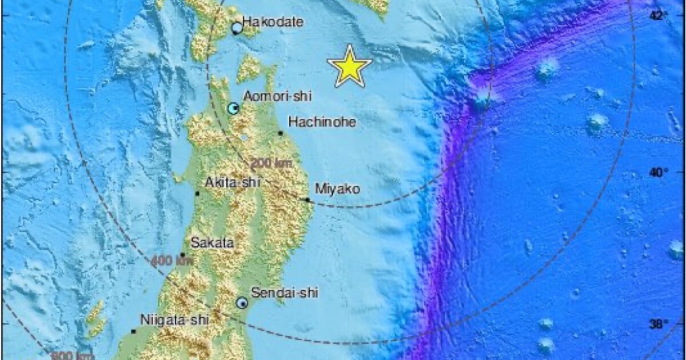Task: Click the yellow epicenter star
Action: [x=349, y=66]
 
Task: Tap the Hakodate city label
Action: [x=272, y=22]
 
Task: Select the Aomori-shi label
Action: [x=277, y=97]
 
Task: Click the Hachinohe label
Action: [x=322, y=122]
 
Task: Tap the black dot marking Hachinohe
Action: [x=281, y=133]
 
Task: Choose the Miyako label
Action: [x=337, y=188]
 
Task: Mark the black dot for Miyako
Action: [x=308, y=199]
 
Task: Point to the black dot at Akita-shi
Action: [x=197, y=193]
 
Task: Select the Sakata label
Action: [x=212, y=243]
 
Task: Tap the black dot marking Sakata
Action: [x=183, y=255]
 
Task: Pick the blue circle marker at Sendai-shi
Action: [x=242, y=303]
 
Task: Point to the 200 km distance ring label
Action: [x=272, y=163]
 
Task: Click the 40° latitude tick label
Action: [x=658, y=172]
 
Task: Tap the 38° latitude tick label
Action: [x=658, y=325]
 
